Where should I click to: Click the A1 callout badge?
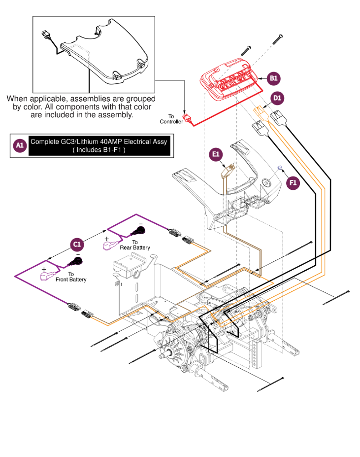coord(19,145)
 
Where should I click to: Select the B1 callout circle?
coord(274,78)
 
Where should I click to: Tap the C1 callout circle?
coord(76,244)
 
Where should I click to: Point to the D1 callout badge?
coord(278,98)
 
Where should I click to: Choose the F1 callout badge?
coord(293,182)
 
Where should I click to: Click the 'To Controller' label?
coord(171,119)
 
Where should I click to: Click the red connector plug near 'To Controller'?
coord(187,118)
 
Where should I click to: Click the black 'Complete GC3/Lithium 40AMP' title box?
coord(98,145)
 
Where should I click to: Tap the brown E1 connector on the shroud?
coord(227,171)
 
